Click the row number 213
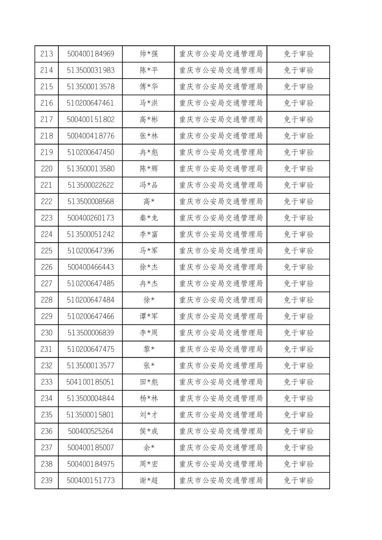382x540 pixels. (x=47, y=54)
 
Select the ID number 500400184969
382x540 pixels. (x=91, y=54)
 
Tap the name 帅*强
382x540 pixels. (x=149, y=54)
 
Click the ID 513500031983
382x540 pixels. (x=91, y=70)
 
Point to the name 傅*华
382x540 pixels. (x=149, y=87)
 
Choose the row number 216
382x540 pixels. (x=47, y=103)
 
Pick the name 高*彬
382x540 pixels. (x=149, y=119)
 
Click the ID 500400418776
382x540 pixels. (x=91, y=136)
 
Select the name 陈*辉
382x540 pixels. (x=149, y=169)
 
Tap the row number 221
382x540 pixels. (x=47, y=185)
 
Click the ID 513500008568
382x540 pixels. (x=91, y=202)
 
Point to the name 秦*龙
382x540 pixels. (x=149, y=218)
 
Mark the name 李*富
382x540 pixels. (x=149, y=234)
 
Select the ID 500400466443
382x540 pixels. (x=91, y=267)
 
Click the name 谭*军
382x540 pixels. (x=149, y=316)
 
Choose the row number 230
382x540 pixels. (x=47, y=333)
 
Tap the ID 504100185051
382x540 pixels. (x=91, y=382)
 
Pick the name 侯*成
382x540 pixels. (x=149, y=431)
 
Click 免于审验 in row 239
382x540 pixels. (x=298, y=480)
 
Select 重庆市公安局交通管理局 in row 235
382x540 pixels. (x=221, y=415)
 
